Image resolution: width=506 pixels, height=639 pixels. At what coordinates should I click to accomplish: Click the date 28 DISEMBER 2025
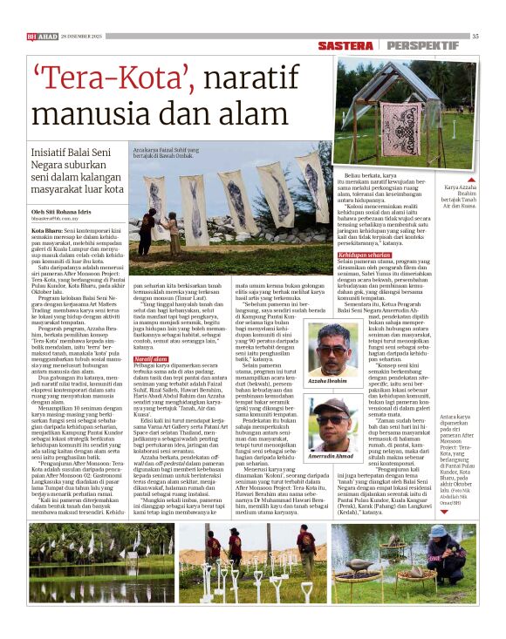click(81, 36)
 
